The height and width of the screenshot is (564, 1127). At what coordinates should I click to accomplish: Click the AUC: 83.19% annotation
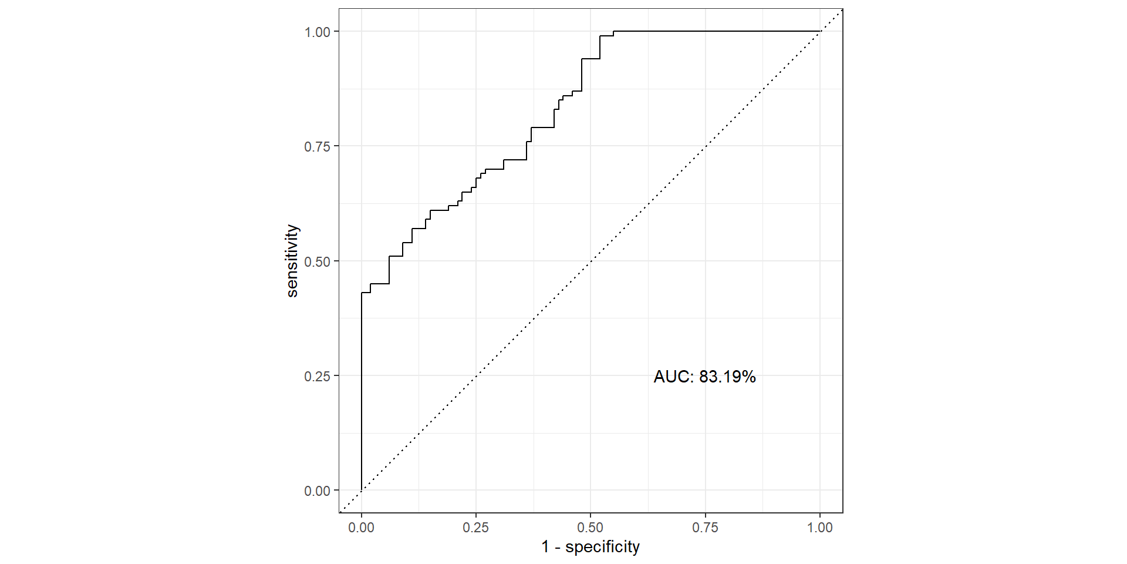point(704,377)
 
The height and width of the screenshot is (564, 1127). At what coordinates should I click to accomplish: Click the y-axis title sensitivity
point(292,261)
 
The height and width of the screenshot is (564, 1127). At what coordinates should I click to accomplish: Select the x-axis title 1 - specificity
point(591,547)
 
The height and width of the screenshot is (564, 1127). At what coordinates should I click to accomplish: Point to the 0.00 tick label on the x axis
point(361,528)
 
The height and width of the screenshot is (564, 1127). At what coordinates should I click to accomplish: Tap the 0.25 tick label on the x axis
point(475,528)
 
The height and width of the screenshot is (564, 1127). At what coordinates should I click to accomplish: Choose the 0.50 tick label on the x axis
point(591,528)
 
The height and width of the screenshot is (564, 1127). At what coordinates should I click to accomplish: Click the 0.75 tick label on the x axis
point(705,528)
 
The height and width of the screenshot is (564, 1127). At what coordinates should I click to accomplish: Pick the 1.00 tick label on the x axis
point(819,528)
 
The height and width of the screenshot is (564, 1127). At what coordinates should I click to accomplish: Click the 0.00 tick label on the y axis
point(318,491)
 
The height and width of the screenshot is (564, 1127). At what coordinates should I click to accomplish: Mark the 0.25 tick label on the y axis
point(318,376)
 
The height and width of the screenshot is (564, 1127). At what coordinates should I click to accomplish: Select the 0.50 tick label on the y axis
point(318,261)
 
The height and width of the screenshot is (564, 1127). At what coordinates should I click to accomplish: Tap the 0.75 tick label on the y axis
point(318,146)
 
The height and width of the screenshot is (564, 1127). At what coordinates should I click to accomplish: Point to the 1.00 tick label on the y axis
point(318,32)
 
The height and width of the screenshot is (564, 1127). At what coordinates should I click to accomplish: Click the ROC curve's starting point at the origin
point(361,490)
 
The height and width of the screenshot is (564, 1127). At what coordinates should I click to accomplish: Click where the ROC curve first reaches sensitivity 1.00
point(613,31)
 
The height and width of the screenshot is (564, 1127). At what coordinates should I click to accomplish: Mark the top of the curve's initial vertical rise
point(361,293)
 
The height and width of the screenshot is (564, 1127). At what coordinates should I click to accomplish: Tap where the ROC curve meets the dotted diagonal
point(819,31)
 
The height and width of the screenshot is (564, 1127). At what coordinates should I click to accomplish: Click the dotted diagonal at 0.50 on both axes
point(591,261)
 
